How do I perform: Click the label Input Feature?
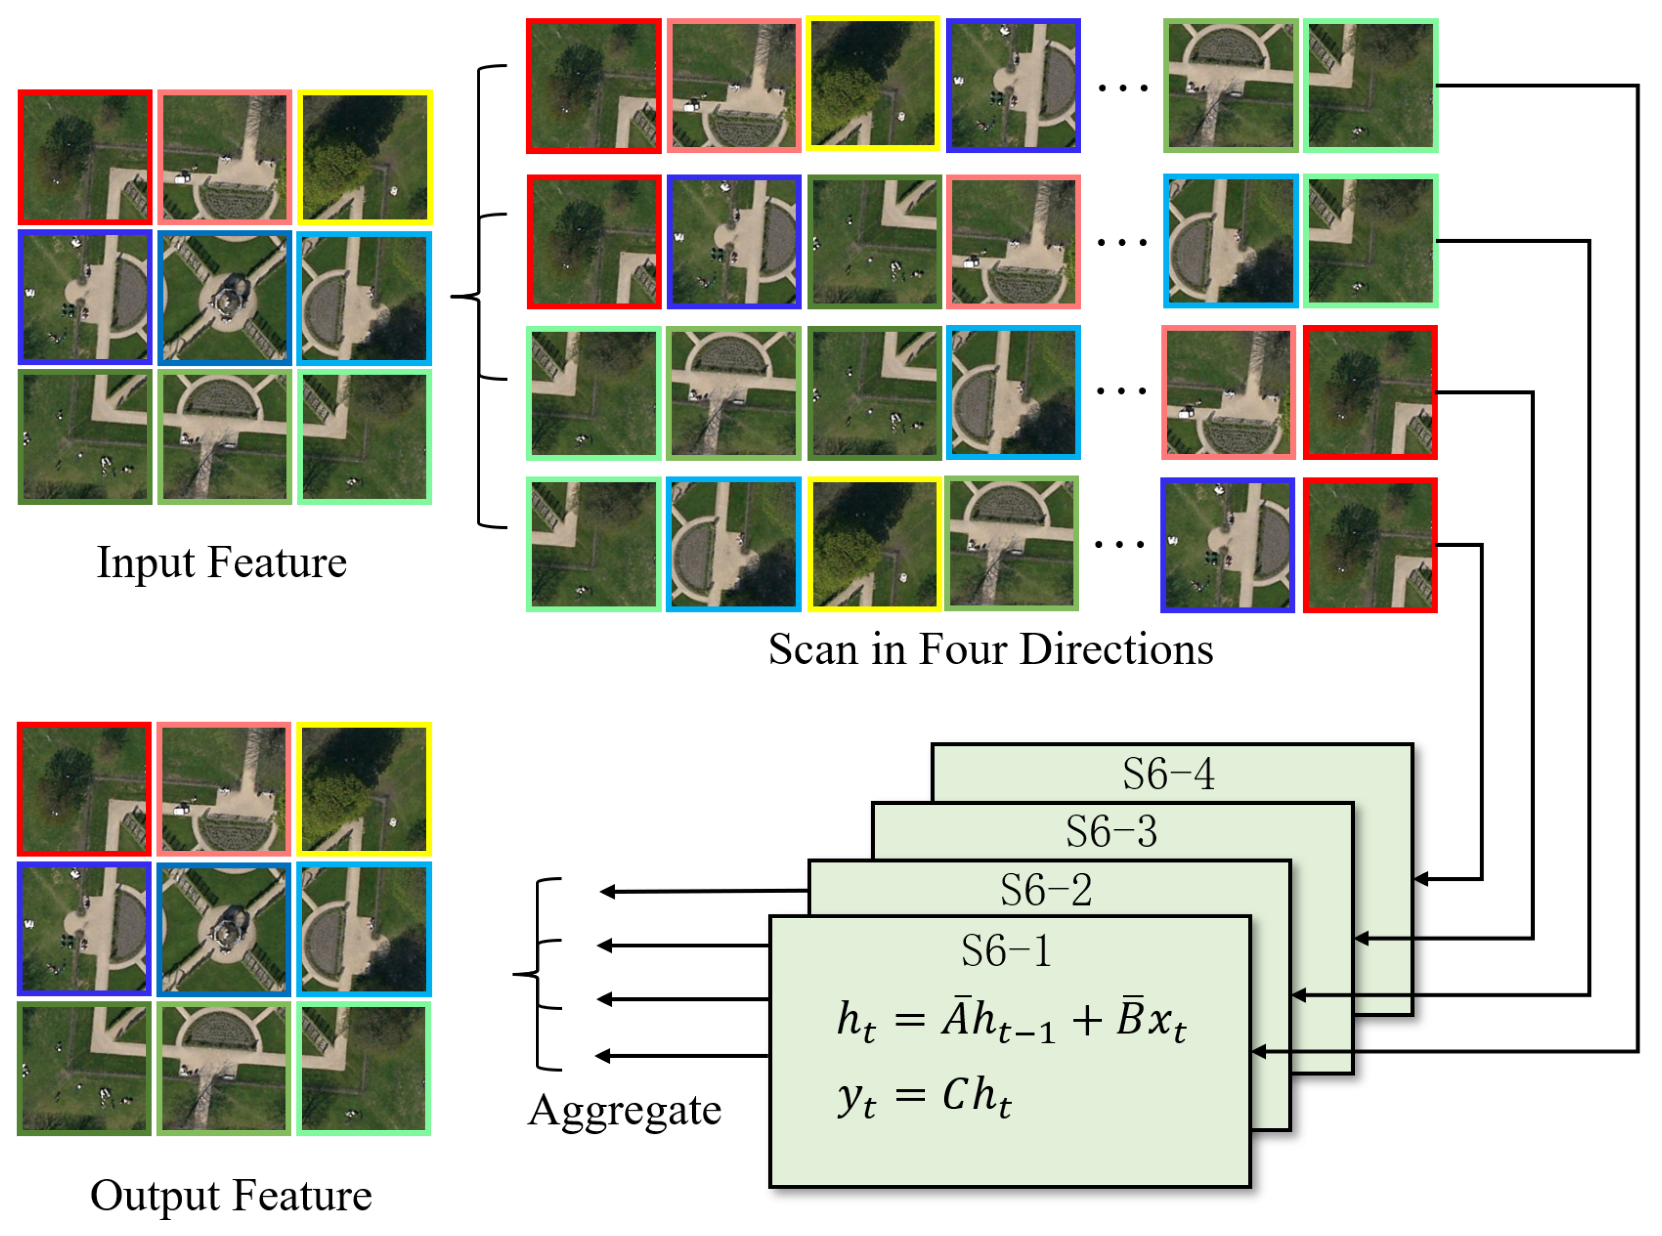click(221, 563)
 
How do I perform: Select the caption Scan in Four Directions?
click(990, 649)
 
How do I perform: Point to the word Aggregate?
click(624, 1110)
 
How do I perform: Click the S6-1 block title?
click(1006, 952)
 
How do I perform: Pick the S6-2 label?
click(1046, 890)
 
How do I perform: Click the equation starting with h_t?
click(1011, 1022)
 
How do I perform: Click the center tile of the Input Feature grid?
click(224, 298)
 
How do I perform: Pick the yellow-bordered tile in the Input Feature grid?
click(365, 157)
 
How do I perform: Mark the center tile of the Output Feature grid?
click(224, 929)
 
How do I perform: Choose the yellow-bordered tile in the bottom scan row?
click(873, 544)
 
